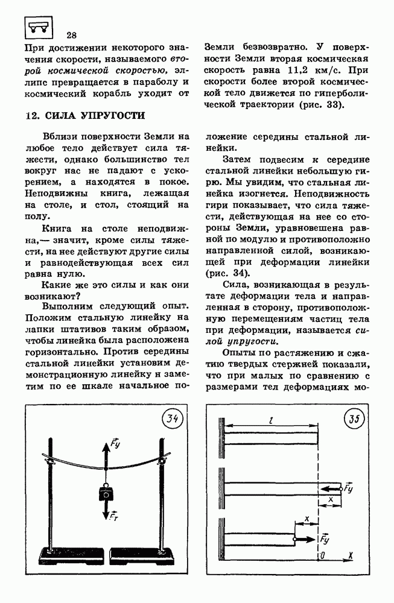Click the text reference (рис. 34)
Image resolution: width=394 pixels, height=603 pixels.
226,273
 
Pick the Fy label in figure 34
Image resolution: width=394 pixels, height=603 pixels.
116,447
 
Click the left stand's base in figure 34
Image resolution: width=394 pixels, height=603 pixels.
52,554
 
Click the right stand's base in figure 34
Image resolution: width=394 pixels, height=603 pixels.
160,554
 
